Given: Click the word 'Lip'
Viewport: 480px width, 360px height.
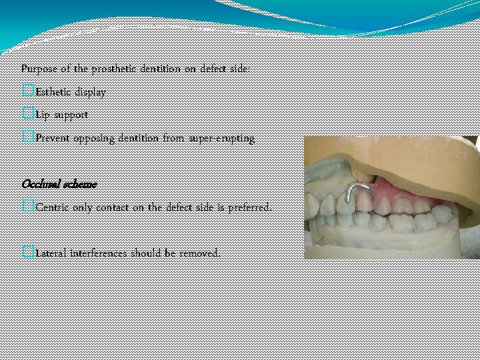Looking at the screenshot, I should click(43, 115).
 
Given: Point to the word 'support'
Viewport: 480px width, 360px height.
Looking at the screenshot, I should click(71, 115).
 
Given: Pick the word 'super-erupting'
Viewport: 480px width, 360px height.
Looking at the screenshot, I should click(222, 139).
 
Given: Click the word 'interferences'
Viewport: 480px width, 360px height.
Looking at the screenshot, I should click(105, 253).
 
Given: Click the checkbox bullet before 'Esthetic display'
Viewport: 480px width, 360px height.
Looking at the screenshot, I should click(27, 91).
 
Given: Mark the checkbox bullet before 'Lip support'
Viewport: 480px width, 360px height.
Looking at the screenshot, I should click(27, 115).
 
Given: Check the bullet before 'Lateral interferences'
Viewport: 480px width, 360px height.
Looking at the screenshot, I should click(27, 253).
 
